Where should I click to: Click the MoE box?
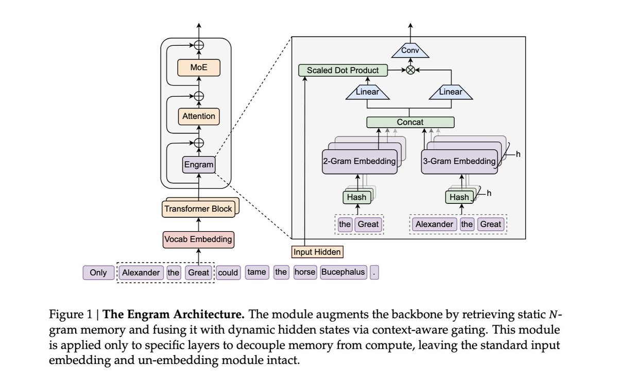tap(199, 67)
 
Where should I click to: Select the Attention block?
tap(199, 116)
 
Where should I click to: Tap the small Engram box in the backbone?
tap(199, 165)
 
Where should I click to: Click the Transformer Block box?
tap(198, 209)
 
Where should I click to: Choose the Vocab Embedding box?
tap(198, 239)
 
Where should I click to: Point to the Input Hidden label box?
tap(317, 252)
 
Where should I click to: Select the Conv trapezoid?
tap(410, 50)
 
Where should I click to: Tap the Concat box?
tap(410, 123)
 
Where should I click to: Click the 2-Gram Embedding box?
tap(359, 161)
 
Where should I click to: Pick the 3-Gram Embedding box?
tap(459, 161)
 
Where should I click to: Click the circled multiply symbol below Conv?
tap(410, 71)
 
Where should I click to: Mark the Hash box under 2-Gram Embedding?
tap(356, 197)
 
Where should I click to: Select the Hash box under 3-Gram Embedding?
tap(459, 197)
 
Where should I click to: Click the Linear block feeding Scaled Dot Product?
tap(367, 92)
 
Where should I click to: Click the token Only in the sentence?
tap(98, 272)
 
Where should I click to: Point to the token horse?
tap(305, 272)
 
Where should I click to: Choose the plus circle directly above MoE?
tap(199, 45)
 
